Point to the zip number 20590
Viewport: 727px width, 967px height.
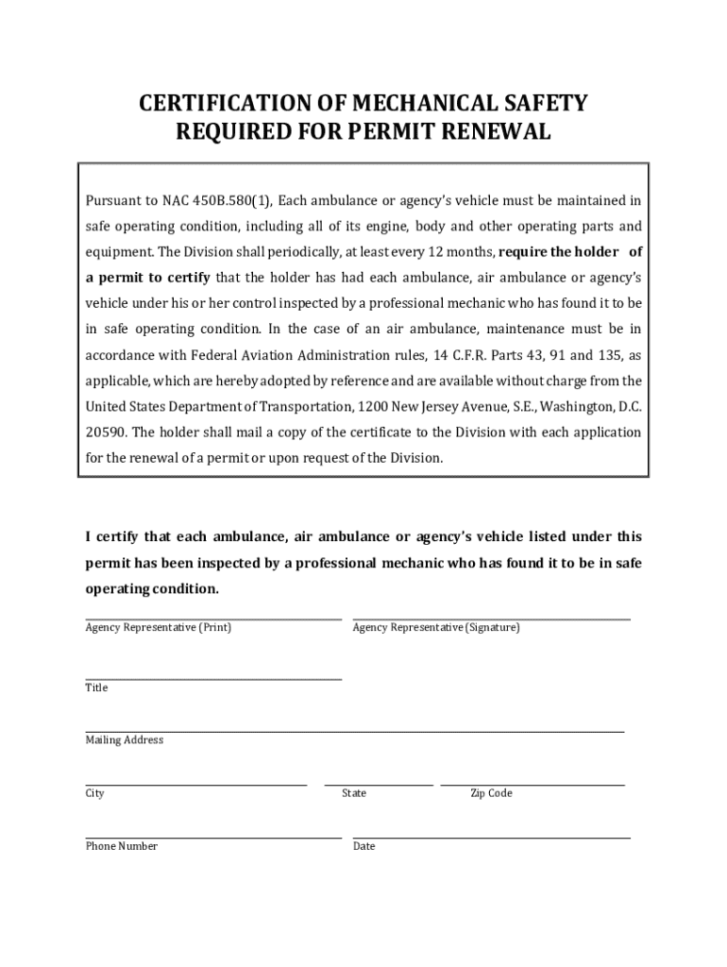point(106,432)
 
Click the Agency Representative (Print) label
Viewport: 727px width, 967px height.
point(158,628)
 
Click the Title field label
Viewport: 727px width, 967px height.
point(96,688)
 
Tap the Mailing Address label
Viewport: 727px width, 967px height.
point(124,740)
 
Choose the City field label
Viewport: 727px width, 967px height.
point(94,794)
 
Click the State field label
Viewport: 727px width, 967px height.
point(354,794)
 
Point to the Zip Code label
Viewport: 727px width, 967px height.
point(491,794)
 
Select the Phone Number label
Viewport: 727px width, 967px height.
point(121,847)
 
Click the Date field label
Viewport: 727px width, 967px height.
point(363,847)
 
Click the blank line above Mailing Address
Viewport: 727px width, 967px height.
point(354,731)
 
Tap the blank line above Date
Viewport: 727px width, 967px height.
point(491,837)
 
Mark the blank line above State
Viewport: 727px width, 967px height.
point(378,784)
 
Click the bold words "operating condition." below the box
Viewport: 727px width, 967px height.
point(152,589)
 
